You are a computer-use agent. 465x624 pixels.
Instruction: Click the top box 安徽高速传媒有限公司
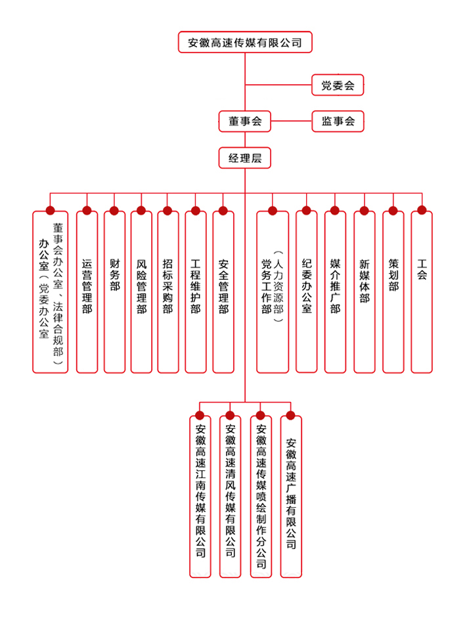(245, 42)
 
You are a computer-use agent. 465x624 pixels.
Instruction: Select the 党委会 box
(338, 85)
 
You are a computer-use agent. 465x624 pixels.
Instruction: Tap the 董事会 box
(245, 122)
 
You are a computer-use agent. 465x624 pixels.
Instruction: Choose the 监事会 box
(338, 122)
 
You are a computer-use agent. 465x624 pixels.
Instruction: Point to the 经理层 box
(245, 158)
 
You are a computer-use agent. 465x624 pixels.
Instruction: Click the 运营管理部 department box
(87, 292)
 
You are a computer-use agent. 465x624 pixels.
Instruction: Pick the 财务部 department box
(114, 292)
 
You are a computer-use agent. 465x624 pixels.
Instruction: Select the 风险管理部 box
(142, 292)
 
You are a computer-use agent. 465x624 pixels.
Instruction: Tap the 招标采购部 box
(168, 292)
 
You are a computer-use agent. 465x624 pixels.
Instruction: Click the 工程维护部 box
(196, 292)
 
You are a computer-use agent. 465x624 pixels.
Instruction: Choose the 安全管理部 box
(223, 292)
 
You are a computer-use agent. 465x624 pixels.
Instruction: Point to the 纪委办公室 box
(307, 292)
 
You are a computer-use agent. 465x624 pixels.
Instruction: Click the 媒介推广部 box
(336, 292)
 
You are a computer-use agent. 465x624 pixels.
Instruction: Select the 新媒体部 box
(365, 292)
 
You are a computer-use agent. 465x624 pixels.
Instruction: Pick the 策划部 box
(393, 292)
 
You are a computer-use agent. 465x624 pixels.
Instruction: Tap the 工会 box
(422, 292)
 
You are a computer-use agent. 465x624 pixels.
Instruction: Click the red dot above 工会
(422, 210)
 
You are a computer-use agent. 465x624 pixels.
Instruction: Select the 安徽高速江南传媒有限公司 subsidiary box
(200, 497)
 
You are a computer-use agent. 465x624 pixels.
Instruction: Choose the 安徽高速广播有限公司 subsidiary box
(291, 497)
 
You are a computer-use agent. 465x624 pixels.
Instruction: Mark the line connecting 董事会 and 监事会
(291, 121)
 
